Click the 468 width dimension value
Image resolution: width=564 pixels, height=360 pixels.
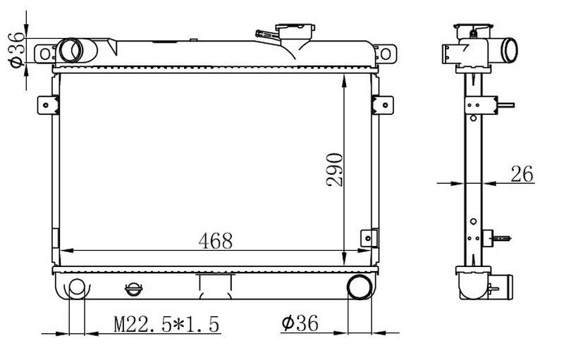pyautogui.click(x=215, y=241)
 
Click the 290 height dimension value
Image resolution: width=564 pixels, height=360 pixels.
pyautogui.click(x=335, y=169)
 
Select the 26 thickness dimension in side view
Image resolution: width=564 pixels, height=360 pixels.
pyautogui.click(x=523, y=173)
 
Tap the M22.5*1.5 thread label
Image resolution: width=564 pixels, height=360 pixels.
pyautogui.click(x=167, y=324)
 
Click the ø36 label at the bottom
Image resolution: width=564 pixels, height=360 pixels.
pyautogui.click(x=300, y=324)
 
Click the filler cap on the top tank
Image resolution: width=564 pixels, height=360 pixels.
pyautogui.click(x=295, y=32)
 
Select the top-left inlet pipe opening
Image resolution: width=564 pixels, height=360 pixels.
pyautogui.click(x=70, y=50)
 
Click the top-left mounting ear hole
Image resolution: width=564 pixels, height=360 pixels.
pyautogui.click(x=45, y=53)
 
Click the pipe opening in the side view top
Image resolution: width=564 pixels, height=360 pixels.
pyautogui.click(x=508, y=50)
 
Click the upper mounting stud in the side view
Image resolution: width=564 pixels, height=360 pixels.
pyautogui.click(x=505, y=105)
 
